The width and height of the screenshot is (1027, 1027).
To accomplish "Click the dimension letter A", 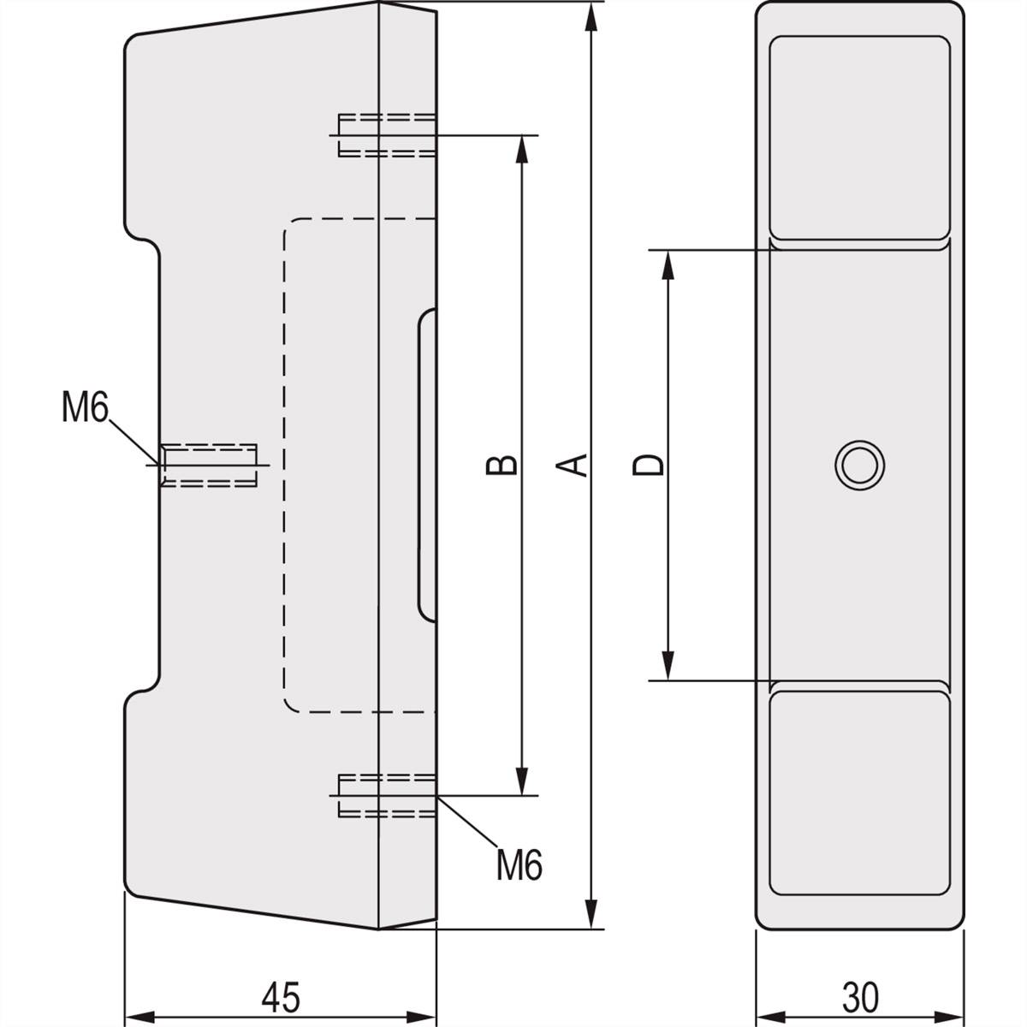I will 579,464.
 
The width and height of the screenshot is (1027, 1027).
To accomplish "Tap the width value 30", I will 860,997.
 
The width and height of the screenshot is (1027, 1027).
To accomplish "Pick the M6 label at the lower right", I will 519,866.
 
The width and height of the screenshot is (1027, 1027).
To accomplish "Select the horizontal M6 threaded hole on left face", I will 210,465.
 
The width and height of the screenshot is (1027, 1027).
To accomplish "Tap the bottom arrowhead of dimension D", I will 668,664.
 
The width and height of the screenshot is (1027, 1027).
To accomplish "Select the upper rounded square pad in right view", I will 859,138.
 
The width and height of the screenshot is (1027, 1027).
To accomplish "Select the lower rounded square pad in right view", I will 859,793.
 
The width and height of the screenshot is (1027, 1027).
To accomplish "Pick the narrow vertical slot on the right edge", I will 427,465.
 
